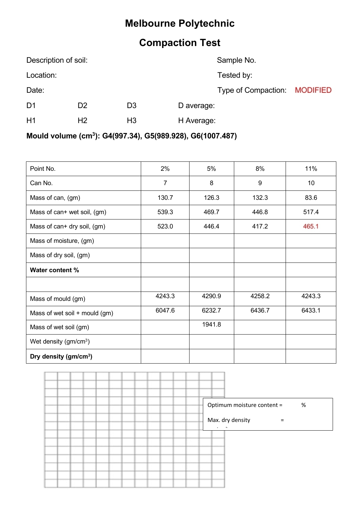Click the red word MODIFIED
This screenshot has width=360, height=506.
pos(313,90)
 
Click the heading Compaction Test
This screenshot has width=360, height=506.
pos(180,43)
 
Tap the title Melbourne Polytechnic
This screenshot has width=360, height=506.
pos(180,23)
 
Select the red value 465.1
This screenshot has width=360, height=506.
pos(311,226)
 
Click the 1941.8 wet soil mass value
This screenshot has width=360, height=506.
pos(211,324)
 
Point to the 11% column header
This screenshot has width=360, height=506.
pos(311,168)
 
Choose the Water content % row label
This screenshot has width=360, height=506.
pos(54,270)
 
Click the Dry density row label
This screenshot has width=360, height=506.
pos(61,356)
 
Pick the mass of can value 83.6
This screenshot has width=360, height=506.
pos(311,197)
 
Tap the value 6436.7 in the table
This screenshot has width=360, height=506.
pos(260,310)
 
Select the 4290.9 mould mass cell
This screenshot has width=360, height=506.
pos(211,296)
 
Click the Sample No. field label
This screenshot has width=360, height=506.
pos(236,60)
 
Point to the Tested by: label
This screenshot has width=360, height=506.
pos(235,75)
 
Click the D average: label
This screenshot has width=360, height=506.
pos(196,105)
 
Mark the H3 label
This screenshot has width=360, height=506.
pos(131,120)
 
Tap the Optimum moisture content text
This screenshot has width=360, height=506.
pos(245,405)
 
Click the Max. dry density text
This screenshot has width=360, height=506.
pos(229,420)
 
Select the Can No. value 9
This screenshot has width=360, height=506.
pos(260,183)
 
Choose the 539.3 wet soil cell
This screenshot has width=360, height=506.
pos(165,212)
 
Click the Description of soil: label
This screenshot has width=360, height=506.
pos(57,60)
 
